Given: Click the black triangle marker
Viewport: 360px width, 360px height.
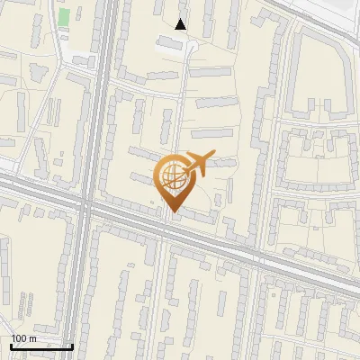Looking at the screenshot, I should point(181,24).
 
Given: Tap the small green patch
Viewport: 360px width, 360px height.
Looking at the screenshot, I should point(64,17).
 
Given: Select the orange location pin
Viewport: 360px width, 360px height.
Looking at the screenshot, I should point(172,181).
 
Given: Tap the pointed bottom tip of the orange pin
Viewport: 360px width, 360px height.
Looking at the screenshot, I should point(172,211).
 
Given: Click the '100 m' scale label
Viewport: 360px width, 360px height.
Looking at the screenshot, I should point(23,337).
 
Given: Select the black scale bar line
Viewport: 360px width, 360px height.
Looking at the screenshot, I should point(41,346).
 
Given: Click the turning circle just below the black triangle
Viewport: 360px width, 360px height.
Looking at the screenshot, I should point(190,45).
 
